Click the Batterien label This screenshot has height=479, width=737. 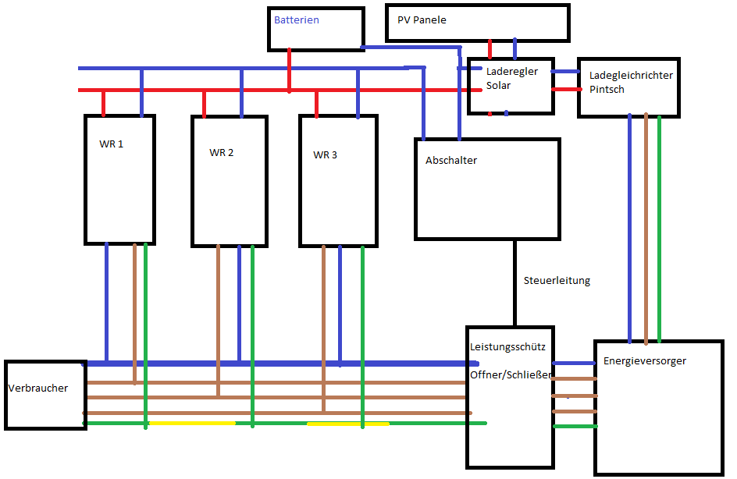tap(296, 20)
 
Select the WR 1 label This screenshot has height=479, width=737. tap(112, 144)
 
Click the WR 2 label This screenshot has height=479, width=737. tap(221, 153)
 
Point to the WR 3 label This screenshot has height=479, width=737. tap(325, 155)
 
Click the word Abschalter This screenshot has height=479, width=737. tap(450, 161)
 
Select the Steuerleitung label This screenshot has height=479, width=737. tap(557, 281)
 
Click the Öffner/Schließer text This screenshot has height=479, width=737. tap(511, 375)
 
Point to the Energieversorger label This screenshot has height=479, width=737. tap(644, 361)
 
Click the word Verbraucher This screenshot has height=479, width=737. tap(38, 388)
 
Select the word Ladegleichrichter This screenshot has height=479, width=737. tap(631, 76)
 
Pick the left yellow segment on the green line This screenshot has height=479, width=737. tap(191, 423)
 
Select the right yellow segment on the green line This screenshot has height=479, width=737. tap(347, 424)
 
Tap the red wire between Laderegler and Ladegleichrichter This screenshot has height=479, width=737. tap(565, 89)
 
